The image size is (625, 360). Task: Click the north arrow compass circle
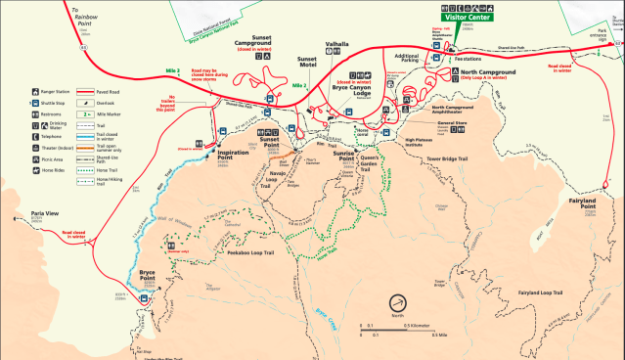pos(401,303)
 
